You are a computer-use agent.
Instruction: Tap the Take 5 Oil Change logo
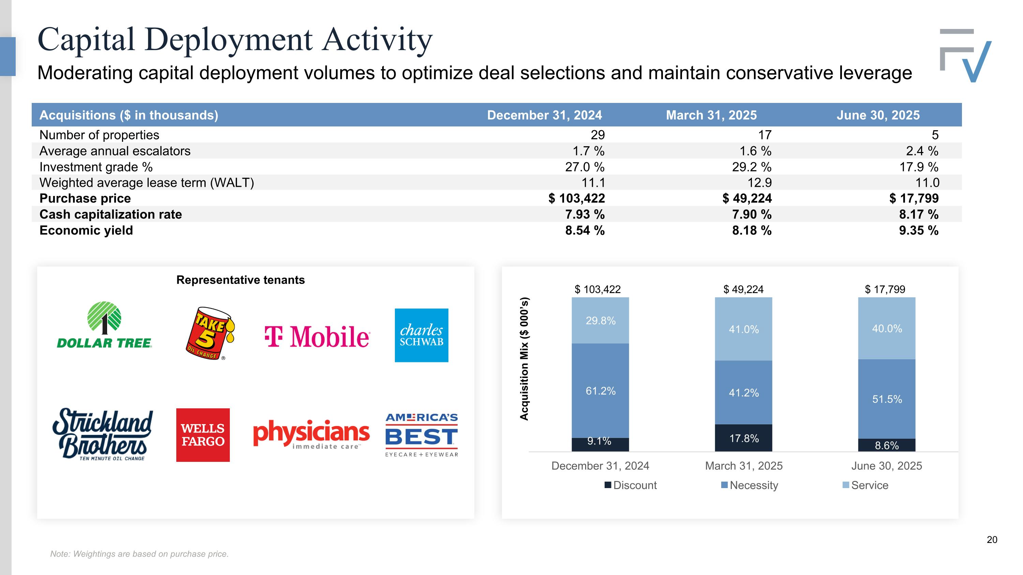(x=210, y=334)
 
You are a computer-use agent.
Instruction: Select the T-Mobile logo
(x=317, y=336)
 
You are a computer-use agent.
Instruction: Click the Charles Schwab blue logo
(x=421, y=335)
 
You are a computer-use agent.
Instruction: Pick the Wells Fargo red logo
(x=203, y=435)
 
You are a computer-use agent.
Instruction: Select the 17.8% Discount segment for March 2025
(x=743, y=438)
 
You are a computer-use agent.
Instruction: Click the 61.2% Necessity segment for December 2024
(x=601, y=391)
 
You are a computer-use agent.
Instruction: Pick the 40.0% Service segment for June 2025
(x=887, y=329)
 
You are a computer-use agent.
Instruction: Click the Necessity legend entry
(x=750, y=485)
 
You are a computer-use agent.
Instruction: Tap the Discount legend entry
(x=631, y=485)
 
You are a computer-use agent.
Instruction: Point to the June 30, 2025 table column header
(x=878, y=115)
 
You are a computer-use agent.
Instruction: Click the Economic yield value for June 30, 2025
(x=919, y=230)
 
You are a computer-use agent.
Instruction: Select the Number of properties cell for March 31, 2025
(x=765, y=135)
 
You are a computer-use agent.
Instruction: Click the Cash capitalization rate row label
(x=111, y=214)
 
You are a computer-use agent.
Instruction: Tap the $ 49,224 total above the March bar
(x=743, y=289)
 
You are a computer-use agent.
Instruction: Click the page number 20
(x=992, y=540)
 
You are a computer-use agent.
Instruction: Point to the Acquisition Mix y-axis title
(x=524, y=359)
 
